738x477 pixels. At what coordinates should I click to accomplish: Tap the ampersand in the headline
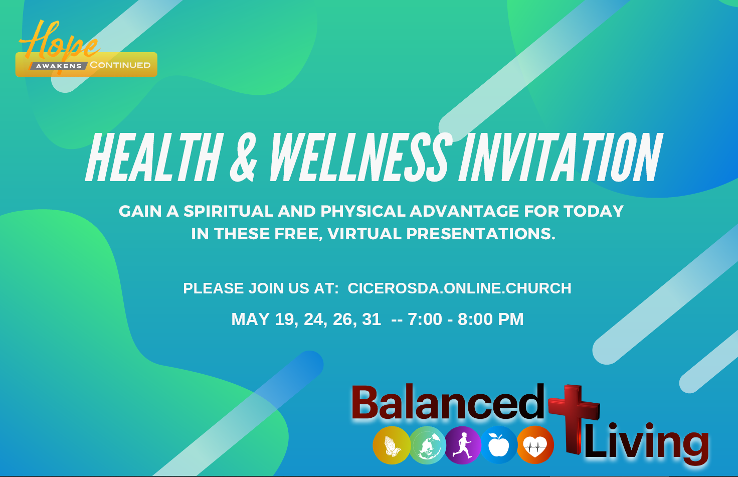(x=244, y=157)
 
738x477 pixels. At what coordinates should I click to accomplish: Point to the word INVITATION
(x=561, y=157)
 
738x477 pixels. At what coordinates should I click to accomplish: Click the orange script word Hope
(x=59, y=41)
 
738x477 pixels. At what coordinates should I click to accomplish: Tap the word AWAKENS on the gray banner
(x=59, y=66)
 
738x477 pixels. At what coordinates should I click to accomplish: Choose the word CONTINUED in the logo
(x=120, y=65)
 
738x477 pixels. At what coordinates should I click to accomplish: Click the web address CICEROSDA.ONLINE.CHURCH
(x=460, y=288)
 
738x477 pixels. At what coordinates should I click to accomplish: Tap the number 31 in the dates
(x=372, y=319)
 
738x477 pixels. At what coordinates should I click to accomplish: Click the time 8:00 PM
(x=490, y=319)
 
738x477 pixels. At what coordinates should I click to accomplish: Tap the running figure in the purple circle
(x=463, y=445)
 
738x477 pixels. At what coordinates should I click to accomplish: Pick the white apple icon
(x=499, y=445)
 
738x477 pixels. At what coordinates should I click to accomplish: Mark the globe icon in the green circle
(x=427, y=445)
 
